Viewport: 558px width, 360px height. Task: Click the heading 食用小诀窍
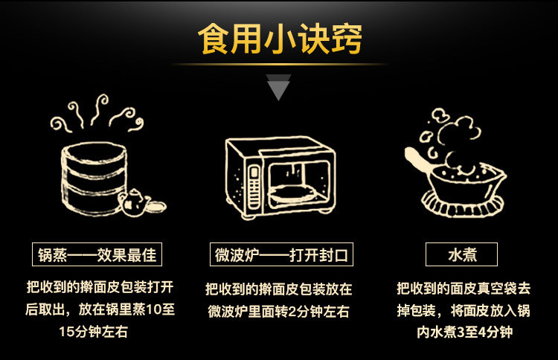(x=279, y=39)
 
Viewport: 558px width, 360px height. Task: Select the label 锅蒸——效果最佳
(x=97, y=255)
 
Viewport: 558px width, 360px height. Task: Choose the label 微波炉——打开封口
(x=278, y=255)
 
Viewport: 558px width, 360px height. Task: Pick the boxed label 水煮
(x=461, y=255)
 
